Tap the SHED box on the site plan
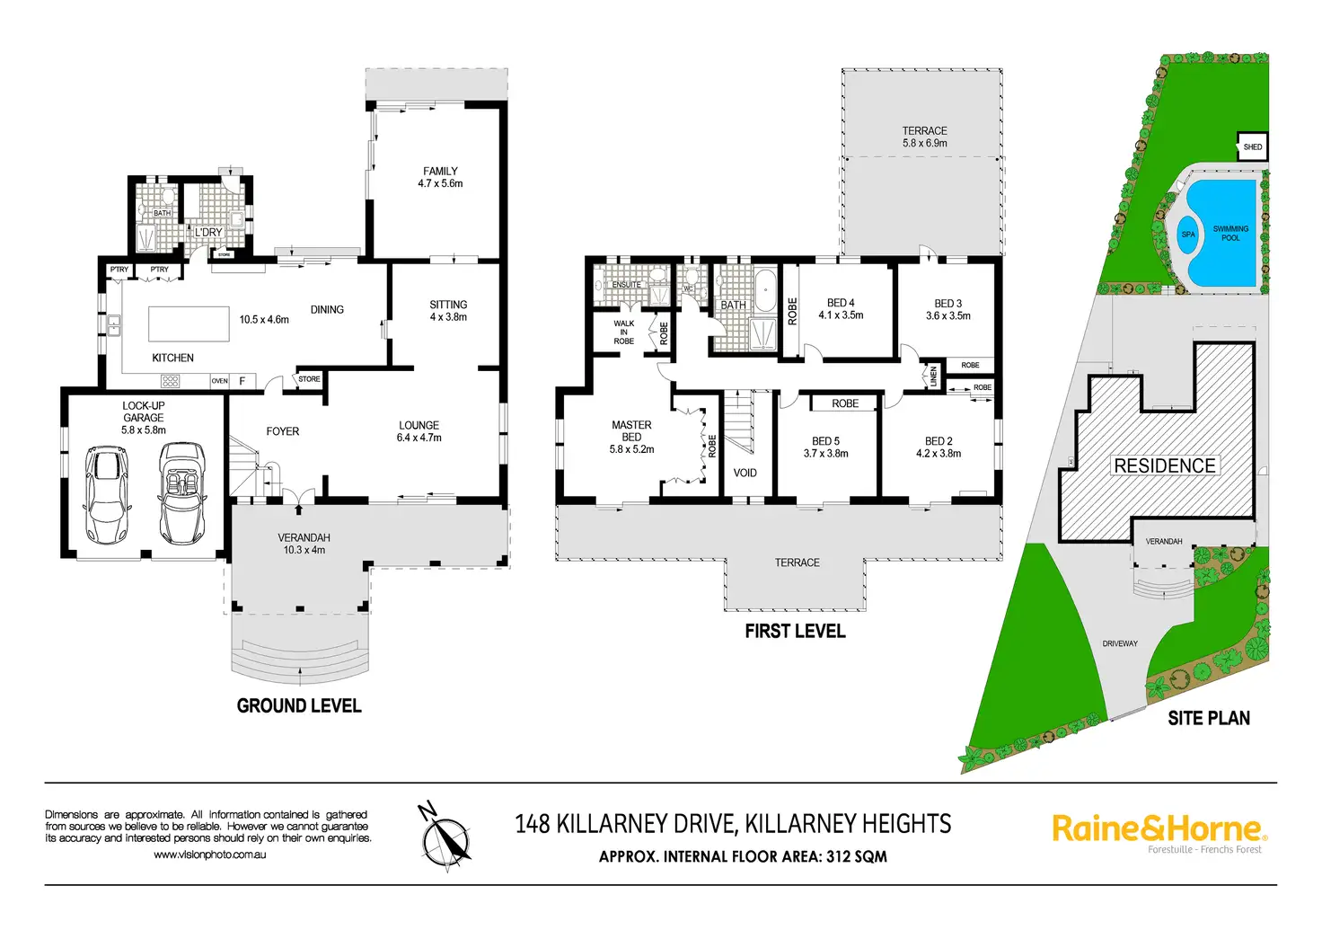tap(1252, 147)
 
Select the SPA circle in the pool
tap(1187, 235)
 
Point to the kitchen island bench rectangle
tap(189, 323)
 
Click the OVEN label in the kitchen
tap(219, 381)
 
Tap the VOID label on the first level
tap(745, 473)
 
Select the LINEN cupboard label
tap(933, 376)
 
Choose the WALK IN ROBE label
tap(624, 332)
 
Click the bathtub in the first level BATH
tap(766, 290)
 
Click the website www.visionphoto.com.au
tap(210, 855)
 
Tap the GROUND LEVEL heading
tap(299, 705)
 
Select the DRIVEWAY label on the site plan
tap(1120, 643)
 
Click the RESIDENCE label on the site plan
tap(1165, 465)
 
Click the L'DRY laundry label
tap(208, 232)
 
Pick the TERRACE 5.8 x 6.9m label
tap(925, 137)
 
